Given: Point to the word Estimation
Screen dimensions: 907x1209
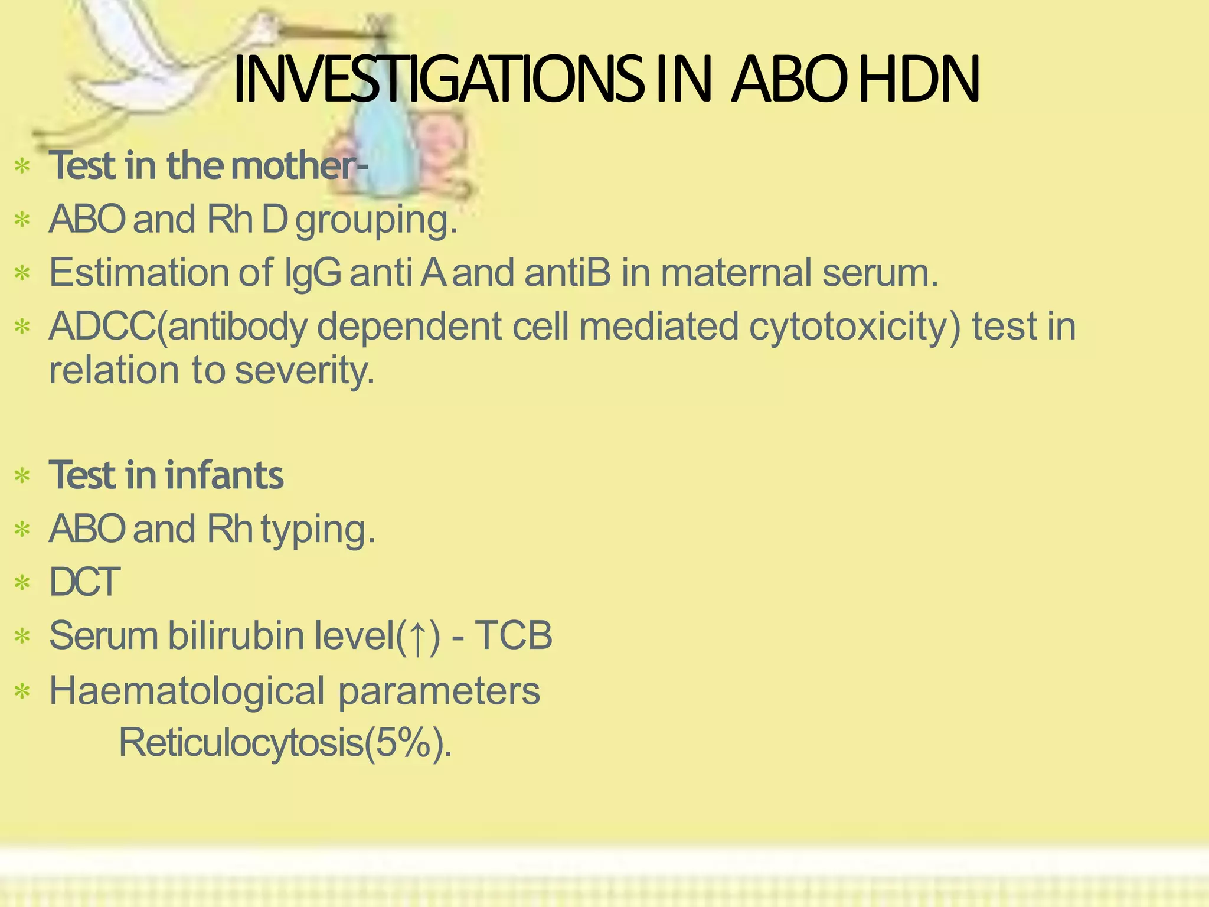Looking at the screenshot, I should (138, 272).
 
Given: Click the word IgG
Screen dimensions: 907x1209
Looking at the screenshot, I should (312, 273).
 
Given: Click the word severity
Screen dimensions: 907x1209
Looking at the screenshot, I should (305, 371).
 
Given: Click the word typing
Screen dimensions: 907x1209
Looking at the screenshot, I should (318, 530).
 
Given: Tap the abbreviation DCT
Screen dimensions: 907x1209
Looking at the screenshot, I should (84, 582).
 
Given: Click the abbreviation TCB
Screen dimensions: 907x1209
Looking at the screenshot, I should (513, 636).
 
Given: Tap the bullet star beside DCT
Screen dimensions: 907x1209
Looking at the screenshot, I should (22, 583).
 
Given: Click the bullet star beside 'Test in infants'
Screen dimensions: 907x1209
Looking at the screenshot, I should (22, 476).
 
